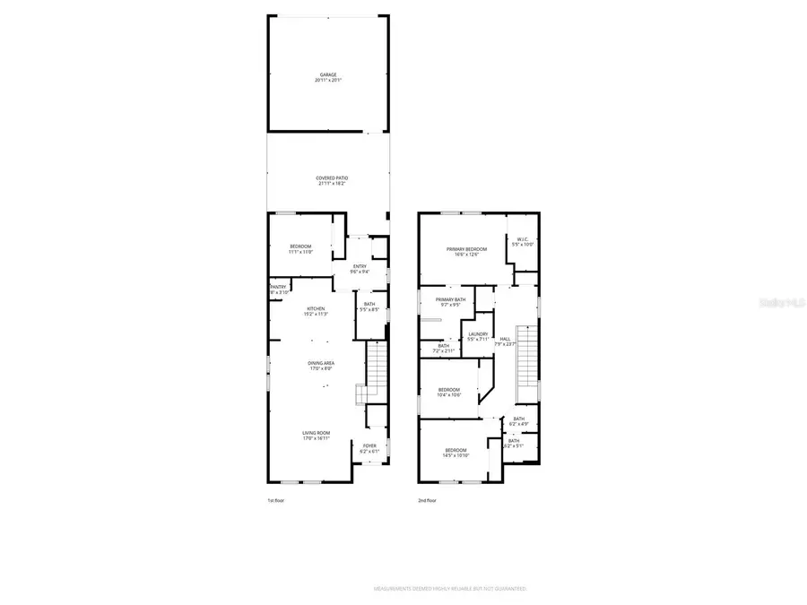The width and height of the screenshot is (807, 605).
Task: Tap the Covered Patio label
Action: [332, 181]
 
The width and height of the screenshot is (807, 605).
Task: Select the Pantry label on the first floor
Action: [278, 290]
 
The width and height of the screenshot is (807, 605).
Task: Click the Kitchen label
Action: [316, 311]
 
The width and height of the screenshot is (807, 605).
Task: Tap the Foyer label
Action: [369, 448]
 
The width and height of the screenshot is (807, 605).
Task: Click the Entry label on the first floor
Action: [360, 268]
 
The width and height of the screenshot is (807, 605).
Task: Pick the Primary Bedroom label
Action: [467, 252]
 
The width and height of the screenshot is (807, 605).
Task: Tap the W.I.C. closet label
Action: [522, 241]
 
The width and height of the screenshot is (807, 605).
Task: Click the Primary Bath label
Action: [450, 302]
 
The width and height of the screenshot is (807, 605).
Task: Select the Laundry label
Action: [477, 336]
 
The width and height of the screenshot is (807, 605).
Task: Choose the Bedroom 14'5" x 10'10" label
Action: [456, 453]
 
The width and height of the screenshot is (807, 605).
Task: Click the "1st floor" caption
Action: [275, 500]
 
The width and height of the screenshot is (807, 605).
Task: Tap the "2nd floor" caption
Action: [427, 500]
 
